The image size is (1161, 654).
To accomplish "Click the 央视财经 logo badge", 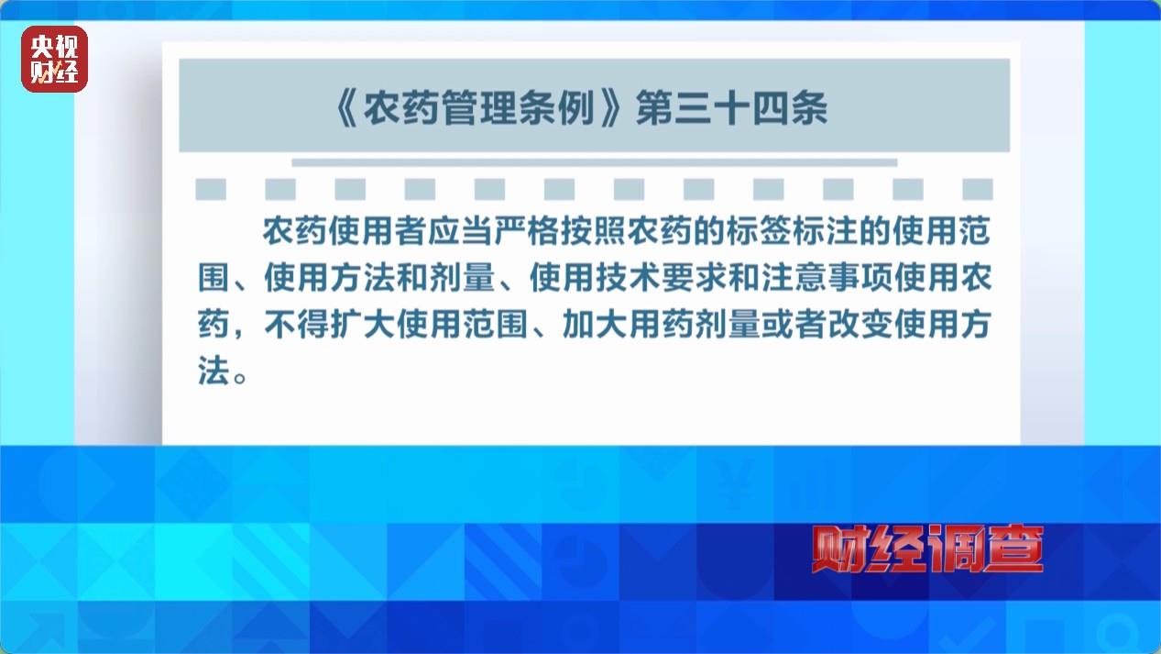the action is [x=54, y=59].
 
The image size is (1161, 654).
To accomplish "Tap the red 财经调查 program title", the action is [x=927, y=549].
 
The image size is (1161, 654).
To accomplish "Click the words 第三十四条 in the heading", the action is [x=732, y=108].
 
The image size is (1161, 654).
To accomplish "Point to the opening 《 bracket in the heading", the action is [x=345, y=108].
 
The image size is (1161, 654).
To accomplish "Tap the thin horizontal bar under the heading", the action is [x=595, y=163].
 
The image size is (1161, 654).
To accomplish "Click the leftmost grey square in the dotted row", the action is [x=211, y=189].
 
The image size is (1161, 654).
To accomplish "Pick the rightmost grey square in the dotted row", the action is [x=978, y=189].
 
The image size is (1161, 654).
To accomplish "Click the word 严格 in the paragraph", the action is [x=527, y=231].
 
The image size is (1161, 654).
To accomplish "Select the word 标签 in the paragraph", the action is [x=760, y=231].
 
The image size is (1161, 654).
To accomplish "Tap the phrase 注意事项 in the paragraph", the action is [x=827, y=278].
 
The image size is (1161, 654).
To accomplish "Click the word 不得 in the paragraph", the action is [x=296, y=324].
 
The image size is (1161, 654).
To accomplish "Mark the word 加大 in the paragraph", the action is [x=595, y=324].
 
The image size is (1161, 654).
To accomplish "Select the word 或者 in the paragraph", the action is [x=794, y=324].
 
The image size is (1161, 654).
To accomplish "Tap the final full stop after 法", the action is [x=240, y=377].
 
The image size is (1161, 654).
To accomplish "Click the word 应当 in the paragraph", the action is [x=461, y=231].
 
